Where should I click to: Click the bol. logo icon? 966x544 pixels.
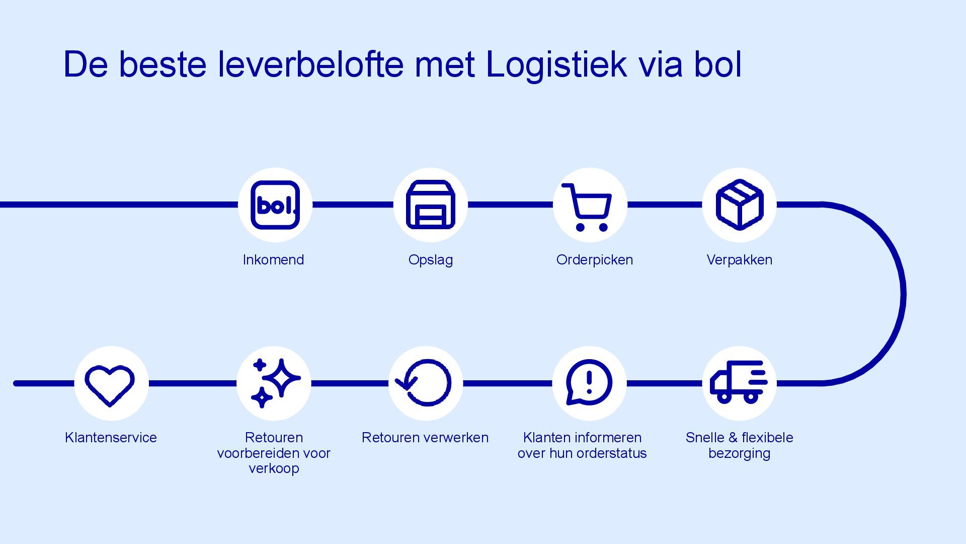pyautogui.click(x=275, y=205)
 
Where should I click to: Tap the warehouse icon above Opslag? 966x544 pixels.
pyautogui.click(x=431, y=205)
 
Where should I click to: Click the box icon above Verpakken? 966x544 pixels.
pyautogui.click(x=739, y=205)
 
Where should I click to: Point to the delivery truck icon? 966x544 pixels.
pyautogui.click(x=739, y=382)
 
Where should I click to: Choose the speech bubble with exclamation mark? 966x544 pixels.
pyautogui.click(x=589, y=382)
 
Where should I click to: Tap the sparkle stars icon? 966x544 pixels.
pyautogui.click(x=274, y=383)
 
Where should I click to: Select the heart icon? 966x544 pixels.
pyautogui.click(x=110, y=384)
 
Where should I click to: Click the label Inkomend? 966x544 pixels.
pyautogui.click(x=273, y=260)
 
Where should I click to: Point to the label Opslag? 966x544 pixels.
pyautogui.click(x=431, y=260)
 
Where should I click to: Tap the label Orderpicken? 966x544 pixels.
pyautogui.click(x=595, y=260)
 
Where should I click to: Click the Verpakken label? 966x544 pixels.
pyautogui.click(x=739, y=260)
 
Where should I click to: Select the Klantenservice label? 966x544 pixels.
pyautogui.click(x=111, y=437)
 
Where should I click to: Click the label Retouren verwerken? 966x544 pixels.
pyautogui.click(x=425, y=437)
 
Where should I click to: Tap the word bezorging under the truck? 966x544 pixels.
pyautogui.click(x=739, y=453)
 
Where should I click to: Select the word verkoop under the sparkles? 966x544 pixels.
pyautogui.click(x=274, y=468)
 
